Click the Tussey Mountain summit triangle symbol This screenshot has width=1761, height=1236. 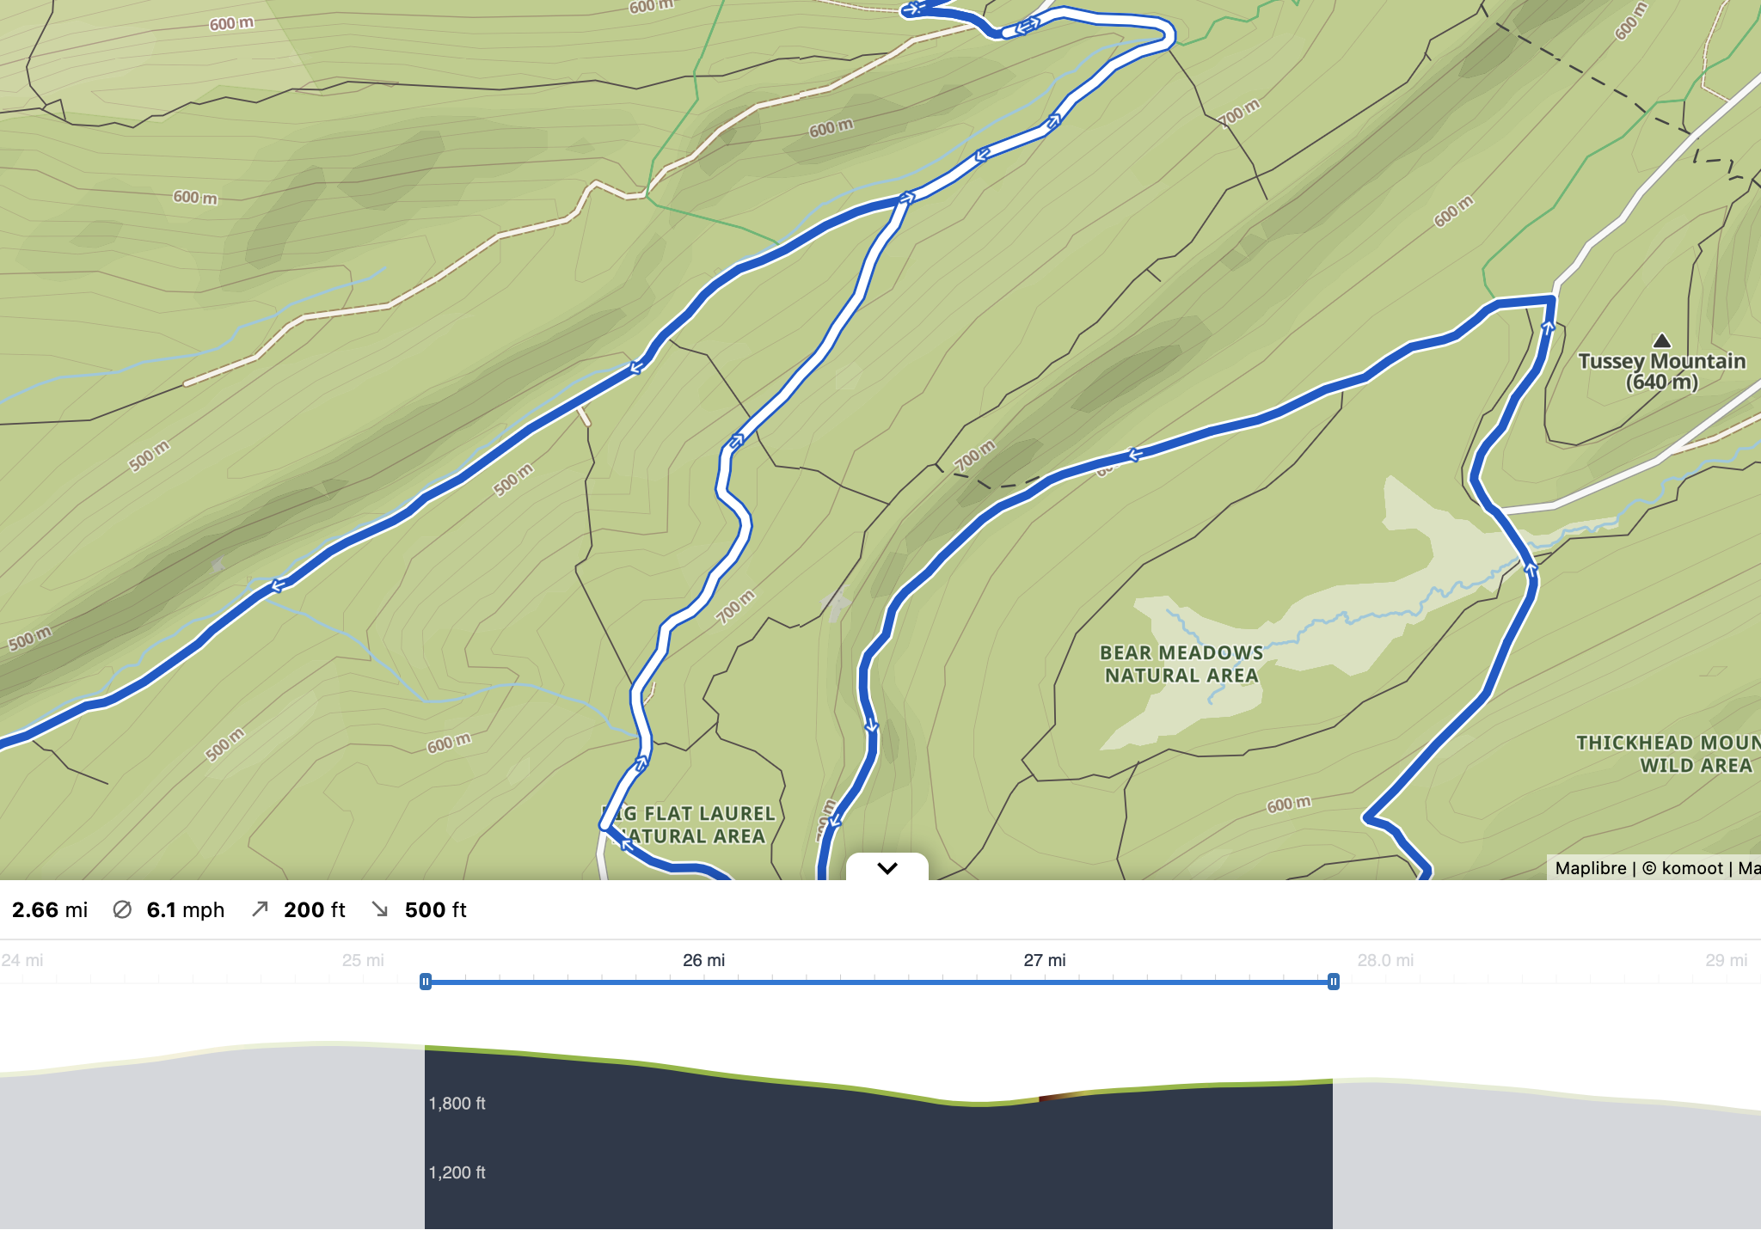(x=1662, y=340)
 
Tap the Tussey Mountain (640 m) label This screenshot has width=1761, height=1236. (x=1661, y=371)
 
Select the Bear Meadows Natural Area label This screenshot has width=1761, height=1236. (x=1181, y=664)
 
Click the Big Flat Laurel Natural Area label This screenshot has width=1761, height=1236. (x=691, y=824)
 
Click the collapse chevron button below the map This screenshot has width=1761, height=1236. (x=887, y=867)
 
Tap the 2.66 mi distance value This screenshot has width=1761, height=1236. (x=50, y=909)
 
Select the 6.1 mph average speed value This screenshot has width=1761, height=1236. (x=185, y=909)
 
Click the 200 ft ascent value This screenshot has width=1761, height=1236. (x=314, y=909)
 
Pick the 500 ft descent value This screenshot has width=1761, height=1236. (x=435, y=909)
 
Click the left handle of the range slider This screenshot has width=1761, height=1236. (x=425, y=982)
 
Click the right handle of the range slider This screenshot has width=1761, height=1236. (x=1333, y=982)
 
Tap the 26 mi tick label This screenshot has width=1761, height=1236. (x=703, y=960)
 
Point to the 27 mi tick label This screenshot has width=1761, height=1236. (x=1044, y=960)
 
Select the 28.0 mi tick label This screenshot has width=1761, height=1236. (x=1384, y=960)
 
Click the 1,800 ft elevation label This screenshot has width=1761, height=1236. (x=457, y=1104)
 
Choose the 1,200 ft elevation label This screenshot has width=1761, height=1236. (x=457, y=1172)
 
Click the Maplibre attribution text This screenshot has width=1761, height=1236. (x=1590, y=868)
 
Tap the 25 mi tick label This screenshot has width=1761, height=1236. (x=363, y=960)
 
